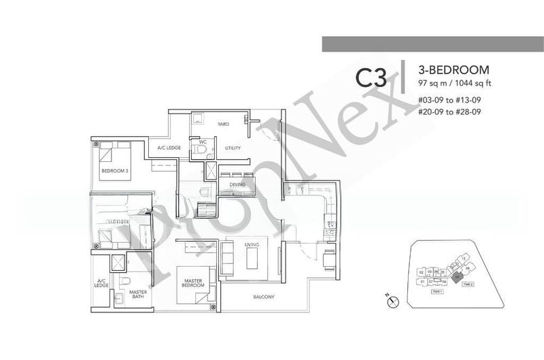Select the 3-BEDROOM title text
[x=445, y=70]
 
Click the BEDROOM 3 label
[x=114, y=171]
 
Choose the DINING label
[x=237, y=184]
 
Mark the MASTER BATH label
[x=138, y=294]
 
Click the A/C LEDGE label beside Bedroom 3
[x=168, y=147]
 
